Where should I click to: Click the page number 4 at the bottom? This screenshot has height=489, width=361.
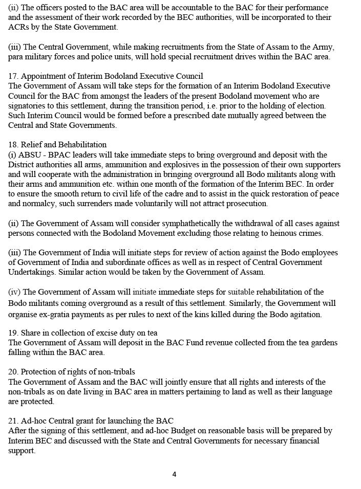pos(174,474)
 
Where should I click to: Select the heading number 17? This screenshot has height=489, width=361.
pos(13,76)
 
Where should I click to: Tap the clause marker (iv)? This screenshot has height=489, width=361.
pos(14,292)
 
